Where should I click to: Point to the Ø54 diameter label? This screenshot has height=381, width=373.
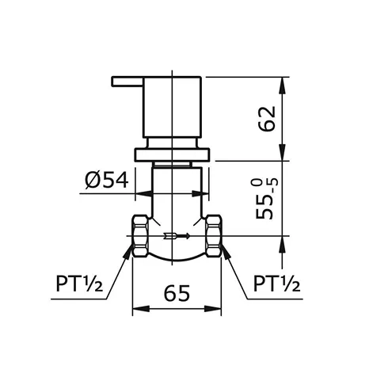(x=107, y=180)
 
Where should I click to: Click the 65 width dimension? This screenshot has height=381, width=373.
(x=177, y=293)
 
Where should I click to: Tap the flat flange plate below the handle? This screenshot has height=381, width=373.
(x=173, y=153)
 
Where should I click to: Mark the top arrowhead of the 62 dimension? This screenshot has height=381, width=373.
(x=284, y=80)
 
